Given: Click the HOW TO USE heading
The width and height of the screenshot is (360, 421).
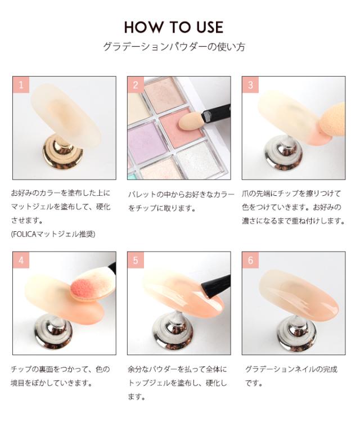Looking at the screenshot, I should [174, 27].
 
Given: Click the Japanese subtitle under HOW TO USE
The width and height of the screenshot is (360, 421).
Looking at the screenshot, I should [174, 47].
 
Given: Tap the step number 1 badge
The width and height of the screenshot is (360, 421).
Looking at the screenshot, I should [21, 85].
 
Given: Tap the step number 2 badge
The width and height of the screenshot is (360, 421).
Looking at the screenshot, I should [136, 85].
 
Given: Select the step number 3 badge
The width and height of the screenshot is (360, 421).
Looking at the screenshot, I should [250, 85].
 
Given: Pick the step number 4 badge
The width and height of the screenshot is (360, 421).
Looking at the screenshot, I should [21, 260].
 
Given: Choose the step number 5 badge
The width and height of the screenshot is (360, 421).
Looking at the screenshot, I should [136, 260].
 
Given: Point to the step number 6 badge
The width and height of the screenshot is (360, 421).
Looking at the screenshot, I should [250, 260].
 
